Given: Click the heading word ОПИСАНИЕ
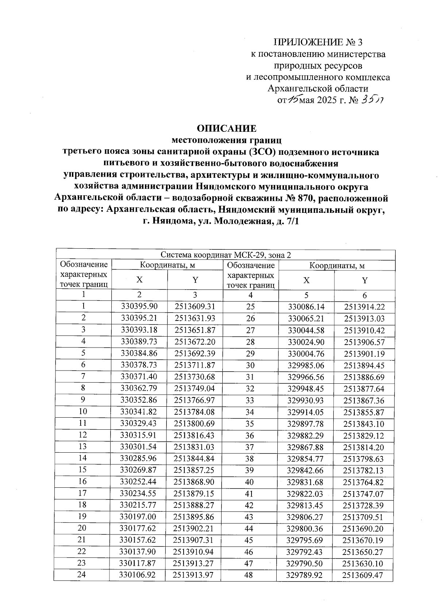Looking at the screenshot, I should coord(226,128).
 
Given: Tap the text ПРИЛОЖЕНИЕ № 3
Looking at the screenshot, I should coord(318,42).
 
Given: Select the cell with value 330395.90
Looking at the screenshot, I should coord(139,307).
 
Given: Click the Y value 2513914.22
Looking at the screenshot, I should coord(364,307).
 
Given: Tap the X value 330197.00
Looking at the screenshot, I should coord(139,517).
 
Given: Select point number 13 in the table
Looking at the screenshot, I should coord(83,446).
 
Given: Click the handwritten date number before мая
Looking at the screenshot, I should coord(292,100).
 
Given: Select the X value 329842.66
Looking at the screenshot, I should coord(306,470).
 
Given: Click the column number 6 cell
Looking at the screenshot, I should coord(364,295).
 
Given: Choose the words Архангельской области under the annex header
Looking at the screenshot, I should coord(318,89).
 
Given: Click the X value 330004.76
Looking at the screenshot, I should coord(306,353).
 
